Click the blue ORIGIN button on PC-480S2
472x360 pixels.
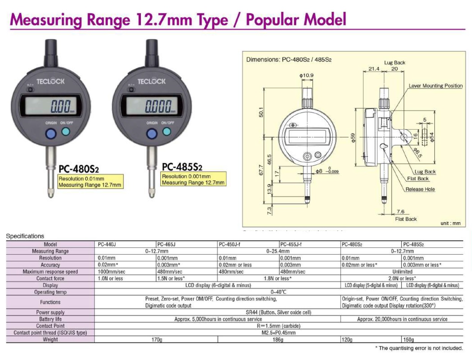coord(51,134)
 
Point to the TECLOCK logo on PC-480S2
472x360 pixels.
coord(51,82)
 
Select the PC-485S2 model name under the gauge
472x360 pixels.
coord(182,167)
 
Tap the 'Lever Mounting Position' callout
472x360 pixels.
coord(436,86)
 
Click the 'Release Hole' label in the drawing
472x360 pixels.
coord(420,189)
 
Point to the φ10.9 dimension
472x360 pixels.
coord(306,75)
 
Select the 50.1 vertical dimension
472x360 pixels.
coord(260,113)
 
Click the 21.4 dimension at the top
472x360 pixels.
coord(374,69)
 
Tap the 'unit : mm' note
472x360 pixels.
coord(450,223)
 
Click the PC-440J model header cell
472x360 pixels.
coord(125,245)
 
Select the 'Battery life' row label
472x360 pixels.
coord(50,319)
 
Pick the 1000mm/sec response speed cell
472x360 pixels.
coord(125,272)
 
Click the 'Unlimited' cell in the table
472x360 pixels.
coord(402,272)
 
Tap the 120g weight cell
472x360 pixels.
coord(371,340)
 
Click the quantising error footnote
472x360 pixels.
coord(419,348)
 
